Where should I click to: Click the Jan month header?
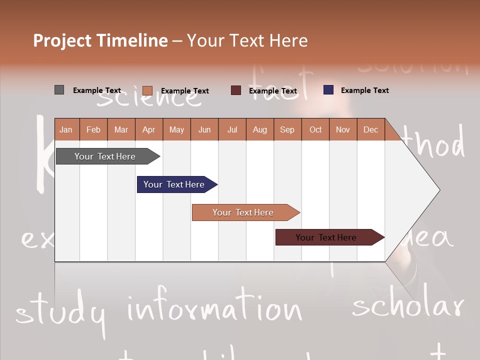[x=66, y=129]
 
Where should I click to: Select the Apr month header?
[x=148, y=129]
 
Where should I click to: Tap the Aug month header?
[x=259, y=129]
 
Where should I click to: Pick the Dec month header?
[x=370, y=129]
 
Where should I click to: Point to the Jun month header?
[x=204, y=129]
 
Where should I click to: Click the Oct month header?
[x=315, y=129]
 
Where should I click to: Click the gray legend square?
[x=59, y=90]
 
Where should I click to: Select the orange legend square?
[x=147, y=90]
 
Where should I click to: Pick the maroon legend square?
[x=236, y=90]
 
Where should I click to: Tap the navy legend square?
[x=328, y=90]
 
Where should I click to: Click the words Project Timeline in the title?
[x=100, y=40]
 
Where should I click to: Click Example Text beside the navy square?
[x=364, y=90]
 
